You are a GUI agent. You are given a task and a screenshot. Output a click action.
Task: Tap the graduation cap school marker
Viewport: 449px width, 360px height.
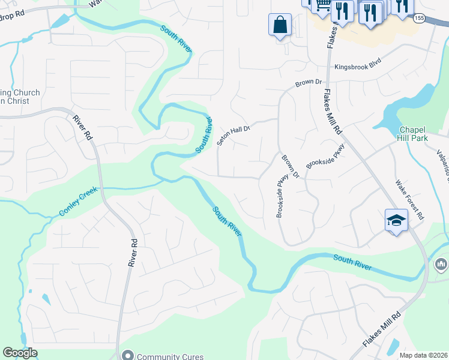pos(396,221)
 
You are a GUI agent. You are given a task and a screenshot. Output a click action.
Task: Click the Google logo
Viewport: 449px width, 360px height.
pos(20,353)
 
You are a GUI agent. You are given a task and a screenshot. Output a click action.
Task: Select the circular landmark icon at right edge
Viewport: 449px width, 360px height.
pos(441,264)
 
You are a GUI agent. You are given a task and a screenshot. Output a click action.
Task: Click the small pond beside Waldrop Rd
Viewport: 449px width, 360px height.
pos(60,22)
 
